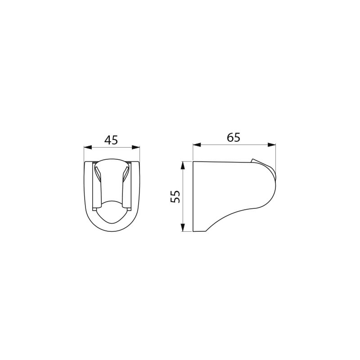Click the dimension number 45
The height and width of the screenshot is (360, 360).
[111, 140]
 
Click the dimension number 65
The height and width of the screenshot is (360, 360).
[234, 137]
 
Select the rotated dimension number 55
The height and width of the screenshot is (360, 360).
[175, 196]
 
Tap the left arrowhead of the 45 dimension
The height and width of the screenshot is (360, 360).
[88, 147]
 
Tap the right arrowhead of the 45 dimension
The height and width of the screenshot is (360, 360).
[135, 147]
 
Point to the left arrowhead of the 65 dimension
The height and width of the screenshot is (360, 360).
[197, 145]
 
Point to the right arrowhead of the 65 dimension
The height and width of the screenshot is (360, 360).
[271, 145]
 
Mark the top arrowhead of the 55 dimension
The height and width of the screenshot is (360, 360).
[183, 165]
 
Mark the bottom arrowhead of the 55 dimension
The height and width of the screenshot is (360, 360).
[183, 227]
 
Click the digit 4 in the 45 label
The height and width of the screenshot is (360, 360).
[108, 140]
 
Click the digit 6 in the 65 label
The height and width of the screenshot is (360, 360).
[230, 137]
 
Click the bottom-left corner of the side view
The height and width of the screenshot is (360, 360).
[193, 231]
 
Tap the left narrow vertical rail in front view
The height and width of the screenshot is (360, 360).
[94, 187]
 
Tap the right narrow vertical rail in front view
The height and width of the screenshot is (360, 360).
[129, 187]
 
